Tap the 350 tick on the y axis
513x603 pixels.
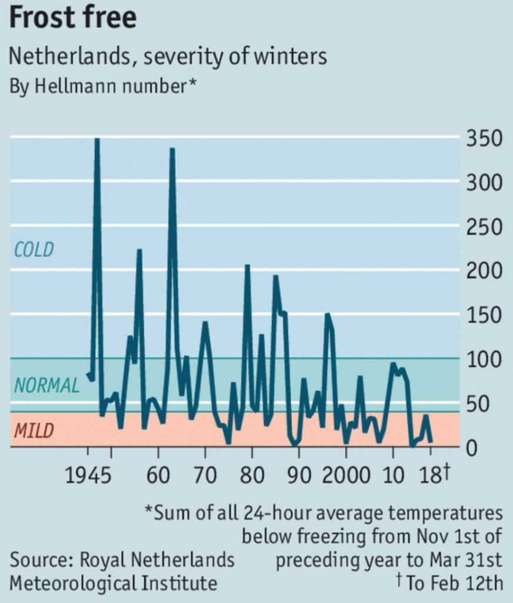484,140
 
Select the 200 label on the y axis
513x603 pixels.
484,271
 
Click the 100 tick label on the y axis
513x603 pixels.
484,359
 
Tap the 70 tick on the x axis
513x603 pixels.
205,475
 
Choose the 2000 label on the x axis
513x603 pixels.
346,475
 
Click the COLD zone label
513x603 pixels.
34,250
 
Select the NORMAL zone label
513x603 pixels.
46,386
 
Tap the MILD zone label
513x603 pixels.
34,431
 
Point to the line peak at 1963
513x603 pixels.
172,150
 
